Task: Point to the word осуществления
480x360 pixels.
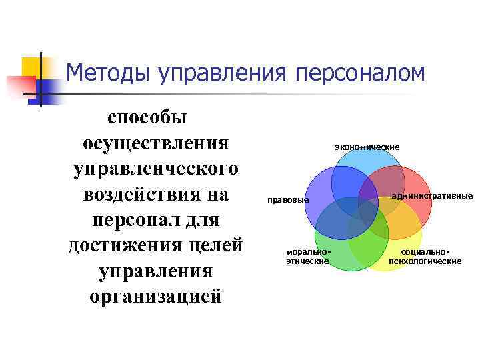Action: tap(155, 143)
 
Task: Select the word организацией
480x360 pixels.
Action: tap(155, 296)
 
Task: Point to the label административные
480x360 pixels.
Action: tap(432, 196)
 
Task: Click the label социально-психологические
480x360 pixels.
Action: tap(425, 257)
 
